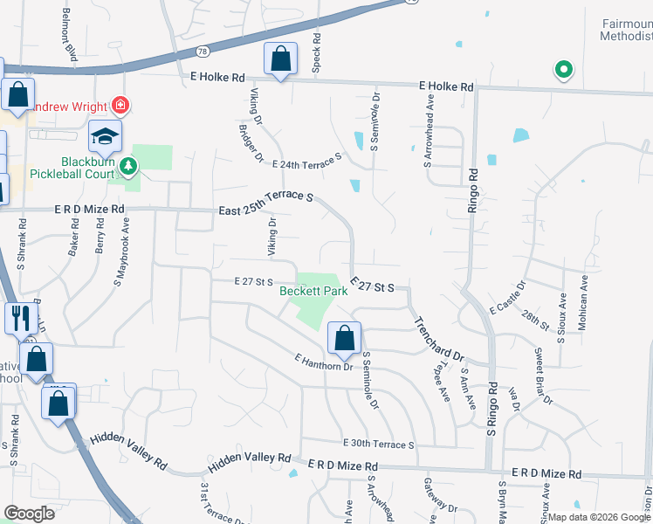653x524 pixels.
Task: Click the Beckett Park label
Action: [313, 292]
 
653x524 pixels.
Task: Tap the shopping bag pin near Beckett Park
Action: [345, 339]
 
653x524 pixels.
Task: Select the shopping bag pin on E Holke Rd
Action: [280, 59]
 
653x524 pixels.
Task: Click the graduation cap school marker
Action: [105, 136]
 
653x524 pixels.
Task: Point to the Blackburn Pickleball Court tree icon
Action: [128, 165]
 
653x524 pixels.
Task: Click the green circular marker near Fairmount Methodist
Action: [564, 69]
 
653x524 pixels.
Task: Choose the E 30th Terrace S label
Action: [378, 444]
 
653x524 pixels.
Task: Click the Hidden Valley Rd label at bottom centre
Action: [249, 458]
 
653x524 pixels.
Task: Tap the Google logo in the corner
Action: [29, 513]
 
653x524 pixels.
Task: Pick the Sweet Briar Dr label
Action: [543, 376]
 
